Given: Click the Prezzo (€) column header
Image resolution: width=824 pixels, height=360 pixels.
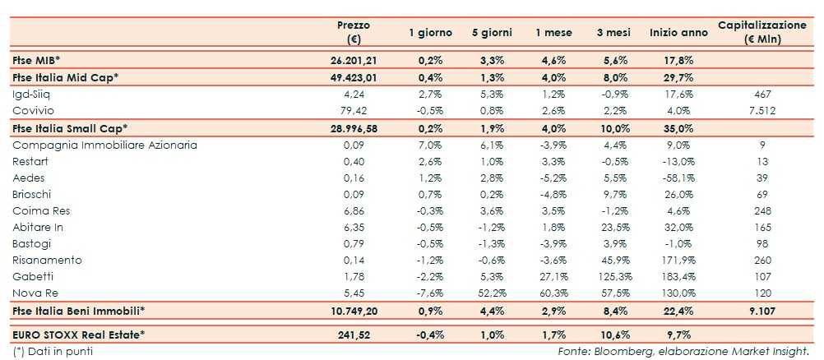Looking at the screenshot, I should tap(354, 32).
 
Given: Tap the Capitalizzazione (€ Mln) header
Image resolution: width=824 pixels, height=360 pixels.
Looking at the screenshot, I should tap(762, 32).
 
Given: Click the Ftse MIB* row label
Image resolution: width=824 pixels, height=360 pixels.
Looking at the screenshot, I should tap(39, 60).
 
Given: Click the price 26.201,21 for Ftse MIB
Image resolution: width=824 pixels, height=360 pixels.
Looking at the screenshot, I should tap(353, 60).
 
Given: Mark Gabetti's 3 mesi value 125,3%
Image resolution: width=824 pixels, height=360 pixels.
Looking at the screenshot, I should tap(613, 276).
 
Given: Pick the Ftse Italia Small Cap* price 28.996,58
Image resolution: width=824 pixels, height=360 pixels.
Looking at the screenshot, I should tap(353, 128).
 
